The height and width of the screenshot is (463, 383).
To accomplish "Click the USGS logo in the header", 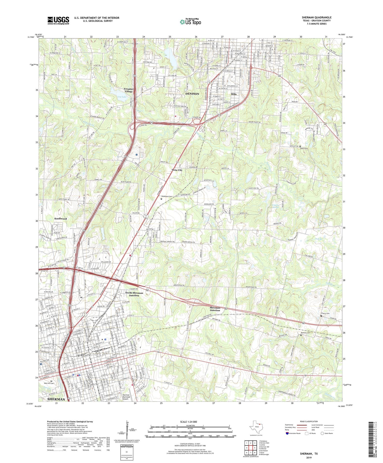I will pyautogui.click(x=58, y=20).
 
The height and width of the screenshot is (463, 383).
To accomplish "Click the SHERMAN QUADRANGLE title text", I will pyautogui.click(x=316, y=18).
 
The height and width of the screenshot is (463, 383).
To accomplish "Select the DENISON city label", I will pyautogui.click(x=192, y=94).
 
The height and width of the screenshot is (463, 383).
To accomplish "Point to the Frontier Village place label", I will pyautogui.click(x=129, y=90).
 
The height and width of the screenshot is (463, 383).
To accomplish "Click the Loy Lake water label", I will pyautogui.click(x=122, y=97).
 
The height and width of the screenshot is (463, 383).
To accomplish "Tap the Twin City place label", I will pyautogui.click(x=177, y=170).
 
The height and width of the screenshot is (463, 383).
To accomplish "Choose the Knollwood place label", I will pyautogui.click(x=60, y=219).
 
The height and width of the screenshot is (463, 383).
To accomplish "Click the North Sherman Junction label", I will pyautogui.click(x=134, y=294).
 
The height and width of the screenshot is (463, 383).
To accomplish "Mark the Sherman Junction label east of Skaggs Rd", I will pyautogui.click(x=215, y=309).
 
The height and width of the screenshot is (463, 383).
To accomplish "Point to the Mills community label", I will pyautogui.click(x=234, y=94).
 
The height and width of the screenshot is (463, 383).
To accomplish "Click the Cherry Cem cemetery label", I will pyautogui.click(x=325, y=313).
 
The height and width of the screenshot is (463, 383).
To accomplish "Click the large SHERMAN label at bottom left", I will pyautogui.click(x=56, y=399).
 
